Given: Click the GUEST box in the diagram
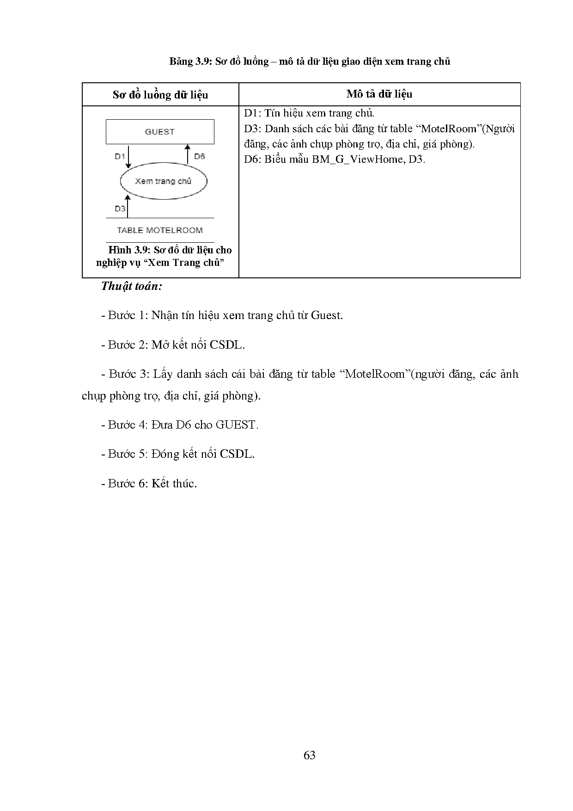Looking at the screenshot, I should point(160,132).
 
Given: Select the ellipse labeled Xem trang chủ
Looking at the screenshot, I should point(163,181).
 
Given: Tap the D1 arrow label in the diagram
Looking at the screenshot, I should point(120,156).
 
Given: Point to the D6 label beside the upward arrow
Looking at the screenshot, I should point(199,156).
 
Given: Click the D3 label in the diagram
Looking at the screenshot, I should point(120,209).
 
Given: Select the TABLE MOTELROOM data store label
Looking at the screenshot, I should point(160,230).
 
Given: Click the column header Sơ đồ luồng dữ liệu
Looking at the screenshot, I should point(160,95).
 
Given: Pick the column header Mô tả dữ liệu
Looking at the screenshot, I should point(379,94).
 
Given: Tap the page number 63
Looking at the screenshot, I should point(310,755).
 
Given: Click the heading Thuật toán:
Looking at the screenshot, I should point(132,286).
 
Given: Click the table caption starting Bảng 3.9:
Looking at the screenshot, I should point(310,61).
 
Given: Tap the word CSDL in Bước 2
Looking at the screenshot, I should point(226,344).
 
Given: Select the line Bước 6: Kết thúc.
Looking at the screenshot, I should point(149,483).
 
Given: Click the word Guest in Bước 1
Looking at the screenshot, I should point(327,315).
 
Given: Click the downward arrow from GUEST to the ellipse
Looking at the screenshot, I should point(129,157).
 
